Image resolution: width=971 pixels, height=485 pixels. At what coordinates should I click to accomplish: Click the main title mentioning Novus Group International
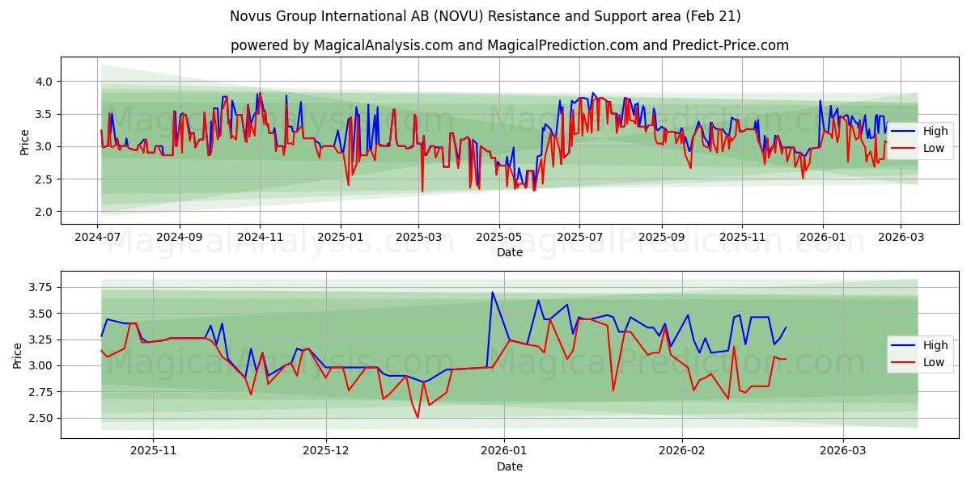tap(485, 16)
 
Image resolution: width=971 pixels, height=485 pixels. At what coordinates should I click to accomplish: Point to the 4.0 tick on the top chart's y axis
tap(43, 82)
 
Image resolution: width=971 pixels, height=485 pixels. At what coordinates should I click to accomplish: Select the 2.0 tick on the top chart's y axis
tap(43, 212)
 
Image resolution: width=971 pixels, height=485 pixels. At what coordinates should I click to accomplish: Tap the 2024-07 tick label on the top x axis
tap(97, 238)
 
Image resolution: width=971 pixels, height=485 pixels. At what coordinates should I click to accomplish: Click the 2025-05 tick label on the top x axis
tap(498, 238)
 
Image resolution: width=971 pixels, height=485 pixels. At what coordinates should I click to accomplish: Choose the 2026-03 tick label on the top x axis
tap(901, 238)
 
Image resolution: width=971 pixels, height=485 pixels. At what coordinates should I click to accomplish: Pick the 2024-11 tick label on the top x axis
tap(260, 238)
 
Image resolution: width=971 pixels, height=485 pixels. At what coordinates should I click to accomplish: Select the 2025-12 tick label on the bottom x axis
tap(326, 452)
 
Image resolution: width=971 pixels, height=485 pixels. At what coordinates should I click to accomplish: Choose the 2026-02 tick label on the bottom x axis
tap(682, 452)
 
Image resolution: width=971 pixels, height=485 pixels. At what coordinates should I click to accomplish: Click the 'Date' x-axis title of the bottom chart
tap(509, 466)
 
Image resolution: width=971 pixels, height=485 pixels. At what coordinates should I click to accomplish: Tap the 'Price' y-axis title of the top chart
tap(24, 142)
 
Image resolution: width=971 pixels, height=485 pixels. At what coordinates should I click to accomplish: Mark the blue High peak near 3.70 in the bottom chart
tap(492, 292)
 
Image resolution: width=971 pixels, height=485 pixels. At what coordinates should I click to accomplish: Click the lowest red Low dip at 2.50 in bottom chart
tap(418, 417)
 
